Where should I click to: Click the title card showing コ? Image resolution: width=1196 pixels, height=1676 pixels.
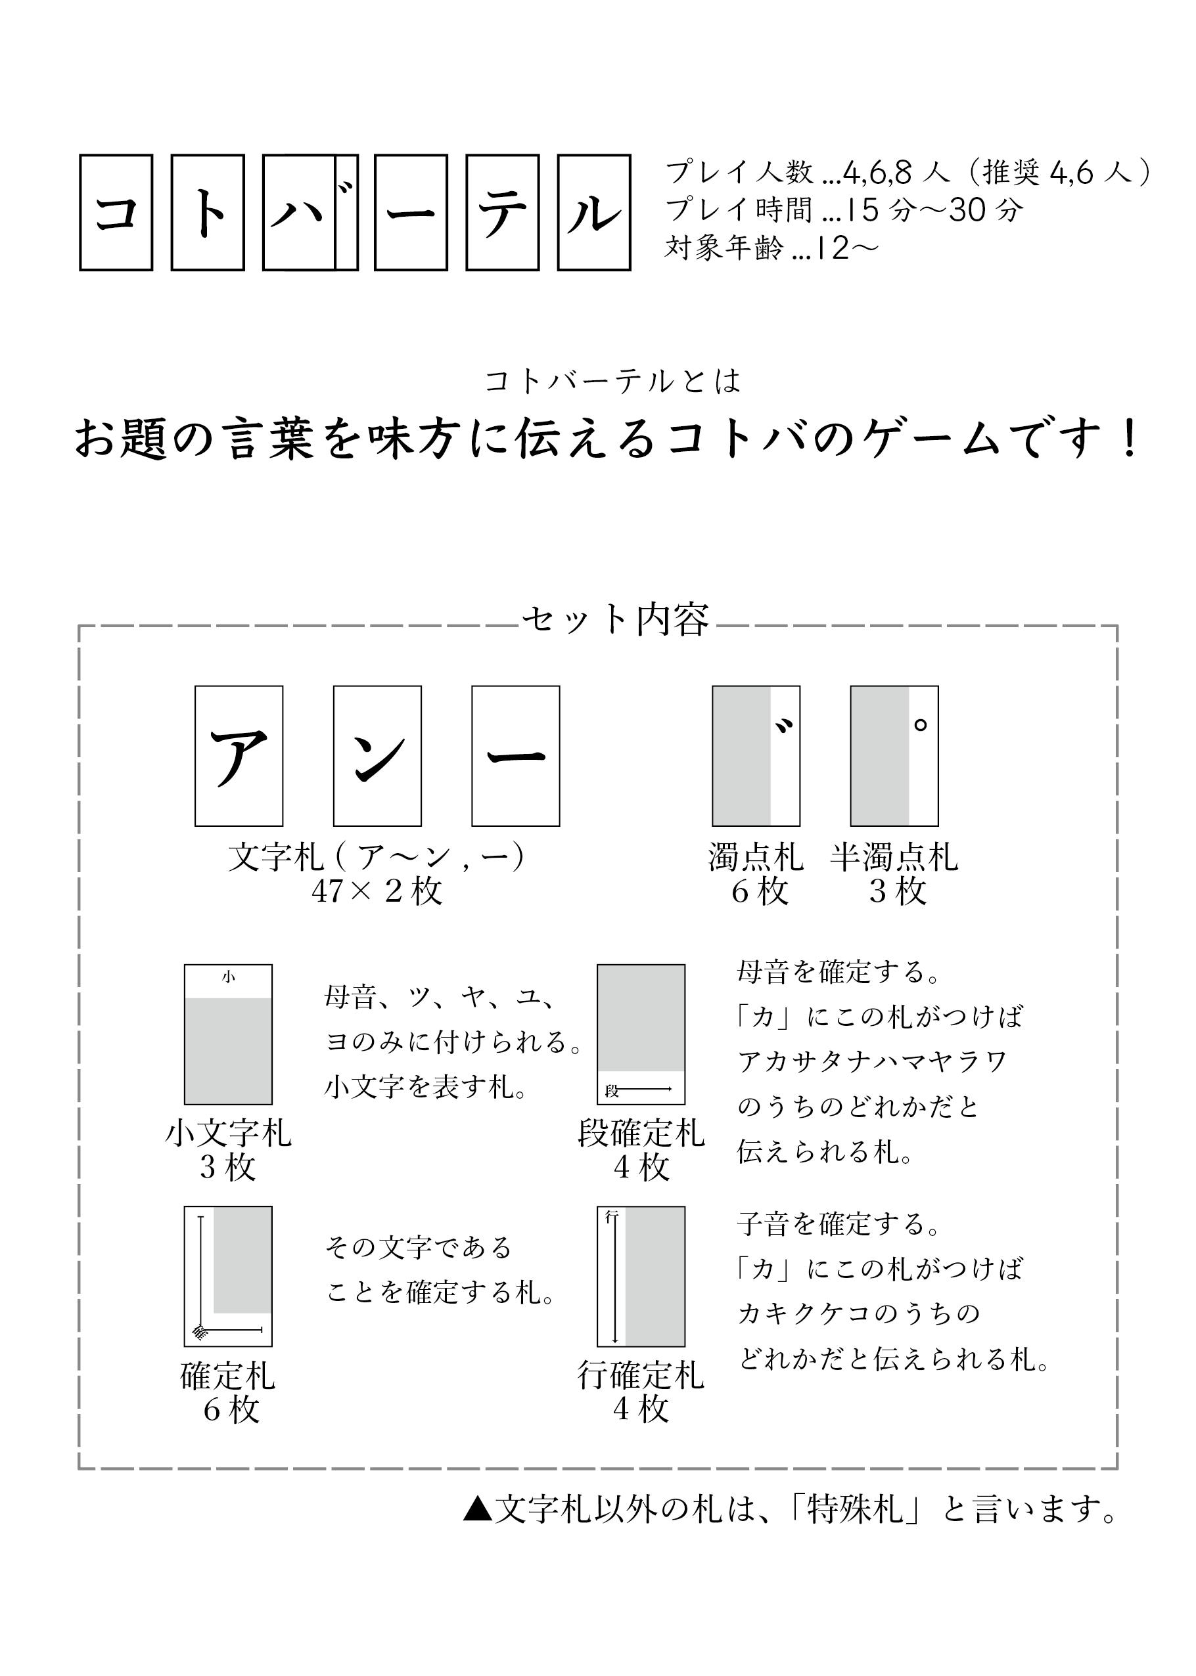coord(116,212)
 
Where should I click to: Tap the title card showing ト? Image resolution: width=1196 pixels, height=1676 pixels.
coord(208,212)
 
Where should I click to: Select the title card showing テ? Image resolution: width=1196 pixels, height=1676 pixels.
coord(503,212)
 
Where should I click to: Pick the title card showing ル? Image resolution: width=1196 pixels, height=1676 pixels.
coord(594,212)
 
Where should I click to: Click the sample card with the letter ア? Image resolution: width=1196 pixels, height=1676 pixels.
coord(239,756)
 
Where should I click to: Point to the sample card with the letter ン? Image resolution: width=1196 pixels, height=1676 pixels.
coord(377,756)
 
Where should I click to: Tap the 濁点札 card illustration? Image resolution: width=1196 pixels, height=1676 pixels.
coord(756,756)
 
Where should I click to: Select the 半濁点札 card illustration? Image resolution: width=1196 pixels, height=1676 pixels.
coord(894,756)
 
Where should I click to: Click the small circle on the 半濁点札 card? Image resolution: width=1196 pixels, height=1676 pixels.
coord(920,725)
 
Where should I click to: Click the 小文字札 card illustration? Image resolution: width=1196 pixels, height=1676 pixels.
coord(228,1034)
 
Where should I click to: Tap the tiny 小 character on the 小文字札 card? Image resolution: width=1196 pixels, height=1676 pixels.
coord(228,977)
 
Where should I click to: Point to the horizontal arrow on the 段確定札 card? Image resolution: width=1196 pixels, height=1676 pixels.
coord(646,1089)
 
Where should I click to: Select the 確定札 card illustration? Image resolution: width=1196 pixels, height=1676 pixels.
coord(228,1276)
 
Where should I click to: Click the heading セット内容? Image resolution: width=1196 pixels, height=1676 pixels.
coord(616,620)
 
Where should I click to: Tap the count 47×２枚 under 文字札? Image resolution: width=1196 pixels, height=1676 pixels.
coord(377,891)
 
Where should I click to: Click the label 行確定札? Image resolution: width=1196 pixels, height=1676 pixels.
coord(641,1374)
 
